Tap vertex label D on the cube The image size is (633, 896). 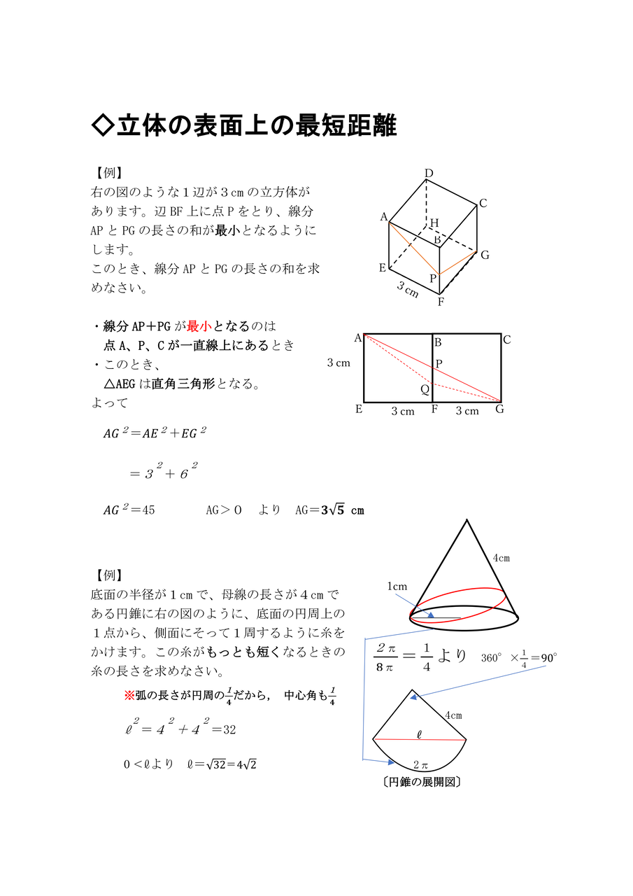(429, 174)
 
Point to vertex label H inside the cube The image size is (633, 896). (434, 223)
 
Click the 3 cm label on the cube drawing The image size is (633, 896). (407, 290)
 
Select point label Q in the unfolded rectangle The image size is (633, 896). (424, 389)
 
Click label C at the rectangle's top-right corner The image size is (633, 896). (507, 340)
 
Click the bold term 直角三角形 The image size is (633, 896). (185, 384)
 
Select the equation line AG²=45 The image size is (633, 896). (129, 510)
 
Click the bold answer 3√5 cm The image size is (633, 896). (342, 510)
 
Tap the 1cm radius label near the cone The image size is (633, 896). (397, 586)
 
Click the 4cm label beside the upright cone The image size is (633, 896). (501, 558)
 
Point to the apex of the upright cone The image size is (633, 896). (466, 521)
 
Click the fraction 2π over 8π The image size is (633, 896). (386, 657)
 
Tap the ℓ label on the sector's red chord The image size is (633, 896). (419, 734)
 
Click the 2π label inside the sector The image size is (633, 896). (421, 764)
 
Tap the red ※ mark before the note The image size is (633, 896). (129, 696)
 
